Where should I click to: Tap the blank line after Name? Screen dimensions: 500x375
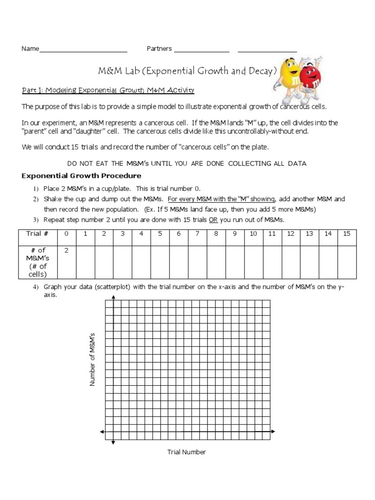(x=83, y=49)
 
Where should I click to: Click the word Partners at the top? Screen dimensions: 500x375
(x=159, y=49)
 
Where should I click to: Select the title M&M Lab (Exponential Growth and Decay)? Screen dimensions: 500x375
(x=187, y=71)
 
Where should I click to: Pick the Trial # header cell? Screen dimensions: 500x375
(x=37, y=234)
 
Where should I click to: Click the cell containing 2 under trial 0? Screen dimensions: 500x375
(x=66, y=250)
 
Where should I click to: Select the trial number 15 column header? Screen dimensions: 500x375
(x=347, y=234)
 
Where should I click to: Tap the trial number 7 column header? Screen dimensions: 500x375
(x=197, y=234)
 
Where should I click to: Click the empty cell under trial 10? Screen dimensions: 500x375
(x=253, y=261)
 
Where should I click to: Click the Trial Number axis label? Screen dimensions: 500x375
(x=187, y=452)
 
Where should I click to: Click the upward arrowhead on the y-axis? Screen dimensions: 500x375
(x=113, y=299)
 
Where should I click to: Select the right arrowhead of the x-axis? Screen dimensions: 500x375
(x=273, y=432)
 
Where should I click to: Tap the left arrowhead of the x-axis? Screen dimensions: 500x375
(x=102, y=432)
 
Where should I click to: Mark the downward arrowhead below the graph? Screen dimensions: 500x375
(x=113, y=442)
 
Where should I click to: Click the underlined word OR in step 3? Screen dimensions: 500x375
(x=213, y=220)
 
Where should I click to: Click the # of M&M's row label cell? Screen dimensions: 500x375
(x=37, y=261)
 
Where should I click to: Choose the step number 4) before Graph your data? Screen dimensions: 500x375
(x=35, y=287)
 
